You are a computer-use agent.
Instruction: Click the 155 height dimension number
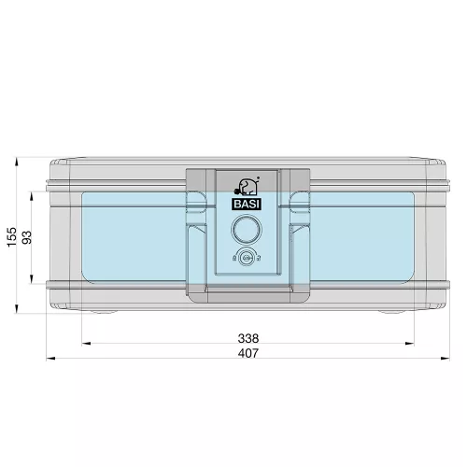12,237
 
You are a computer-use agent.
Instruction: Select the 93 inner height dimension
27,237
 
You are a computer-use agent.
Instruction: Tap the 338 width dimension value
248,338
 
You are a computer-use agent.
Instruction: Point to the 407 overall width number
248,353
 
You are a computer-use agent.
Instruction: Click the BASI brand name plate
247,205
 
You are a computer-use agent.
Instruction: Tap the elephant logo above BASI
247,187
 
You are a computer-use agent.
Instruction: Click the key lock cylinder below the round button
247,258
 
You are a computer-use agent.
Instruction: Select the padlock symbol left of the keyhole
234,258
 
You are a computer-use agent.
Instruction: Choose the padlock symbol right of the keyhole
259,258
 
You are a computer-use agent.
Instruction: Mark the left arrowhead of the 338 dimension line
86,344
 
